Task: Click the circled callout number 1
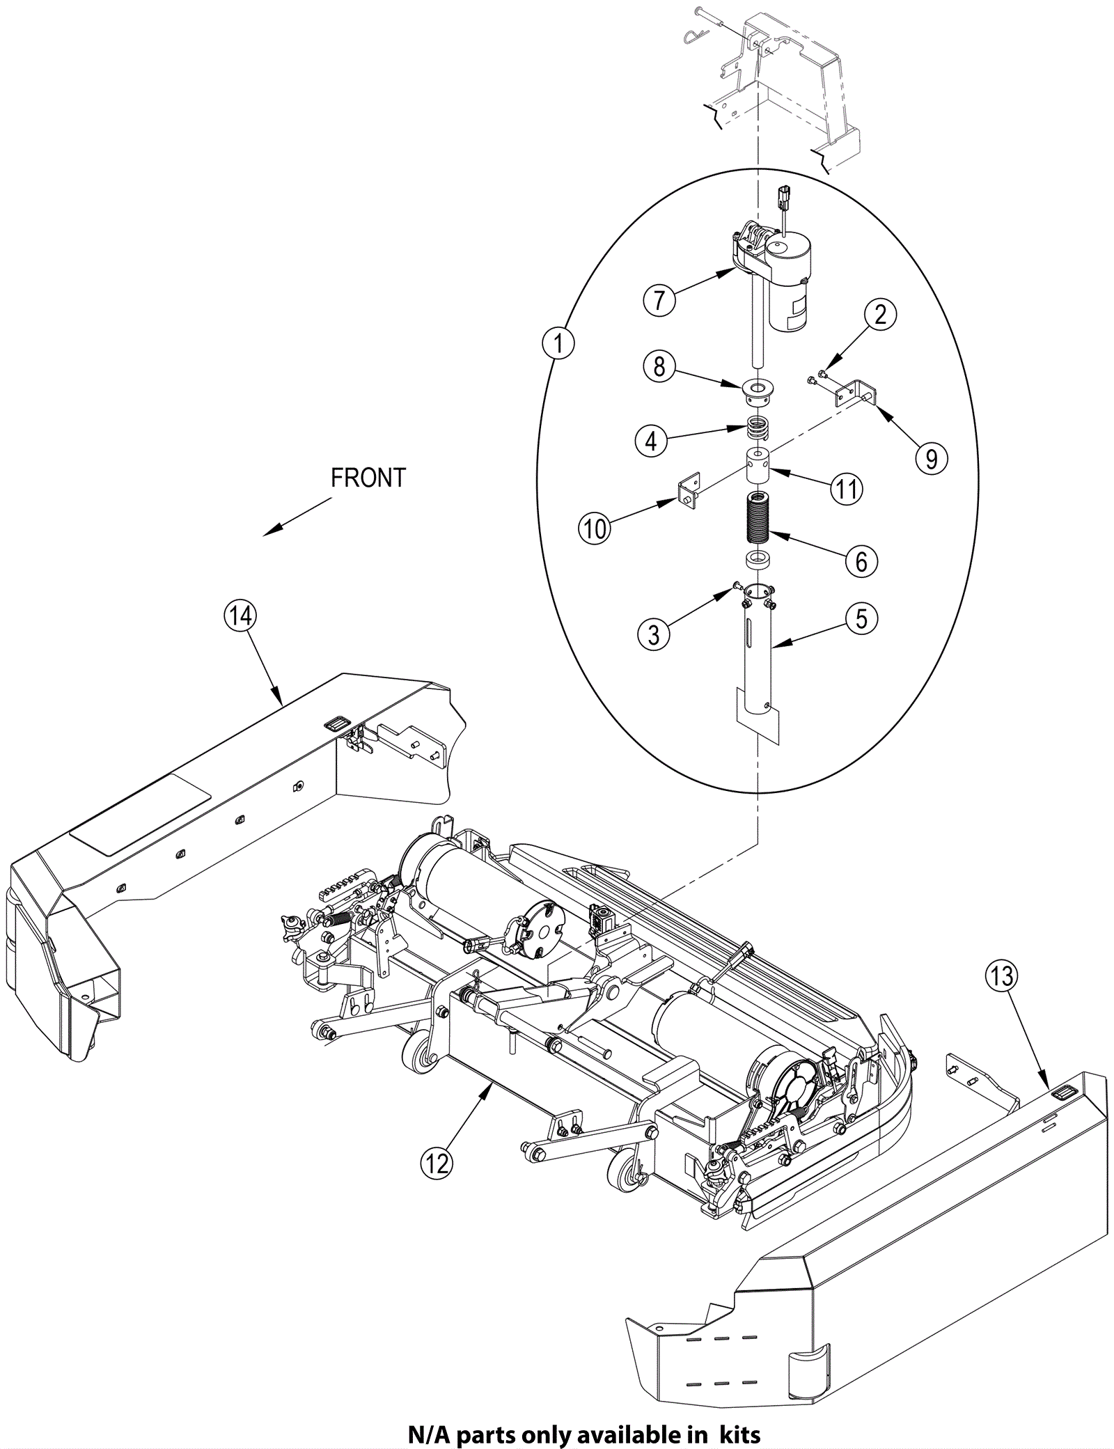click(558, 343)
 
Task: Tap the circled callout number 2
click(880, 315)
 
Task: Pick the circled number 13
click(1001, 976)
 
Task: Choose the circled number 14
click(240, 617)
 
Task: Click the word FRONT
click(368, 478)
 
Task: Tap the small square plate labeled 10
click(689, 491)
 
